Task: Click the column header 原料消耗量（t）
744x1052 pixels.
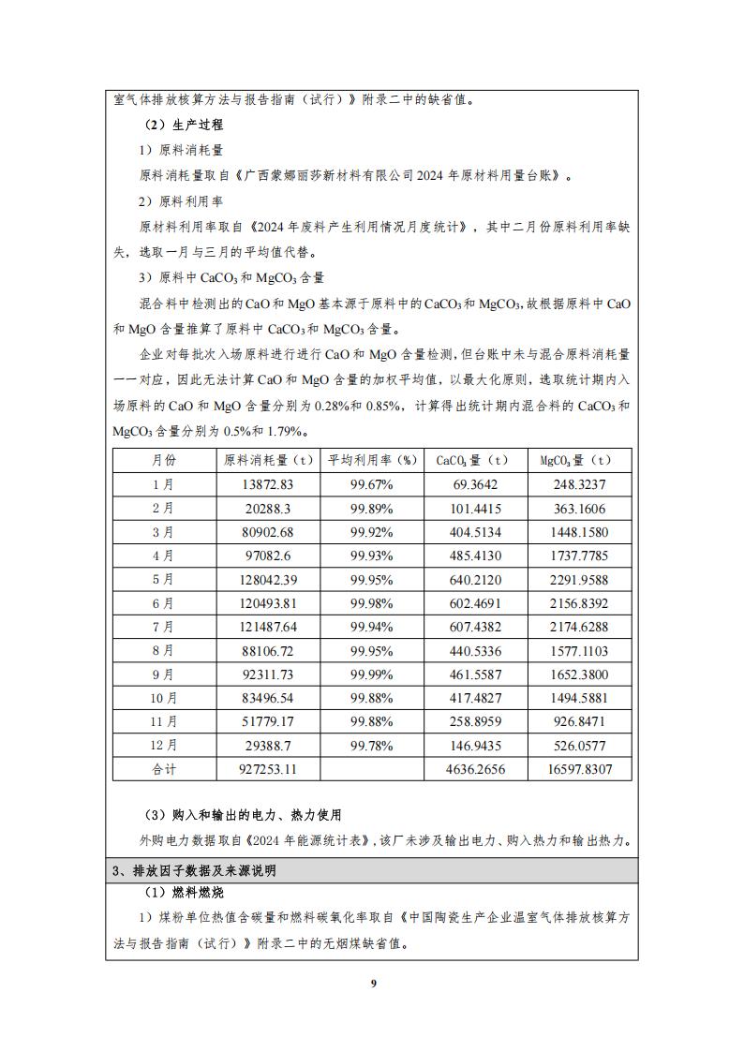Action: click(268, 460)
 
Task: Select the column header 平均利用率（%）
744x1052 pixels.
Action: click(372, 460)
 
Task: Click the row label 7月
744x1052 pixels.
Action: click(163, 626)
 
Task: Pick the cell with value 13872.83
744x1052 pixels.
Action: click(268, 483)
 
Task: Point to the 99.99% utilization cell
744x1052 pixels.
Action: click(372, 674)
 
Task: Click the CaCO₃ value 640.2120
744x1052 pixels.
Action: click(476, 579)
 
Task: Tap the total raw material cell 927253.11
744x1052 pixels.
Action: click(268, 768)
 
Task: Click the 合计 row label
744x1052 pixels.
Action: click(163, 768)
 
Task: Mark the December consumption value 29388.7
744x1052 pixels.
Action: click(268, 745)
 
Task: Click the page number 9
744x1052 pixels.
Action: click(372, 983)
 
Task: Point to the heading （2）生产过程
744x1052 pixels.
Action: click(183, 125)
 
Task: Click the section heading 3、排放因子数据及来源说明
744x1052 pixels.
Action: click(194, 870)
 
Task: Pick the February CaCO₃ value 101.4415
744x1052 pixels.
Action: click(476, 508)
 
